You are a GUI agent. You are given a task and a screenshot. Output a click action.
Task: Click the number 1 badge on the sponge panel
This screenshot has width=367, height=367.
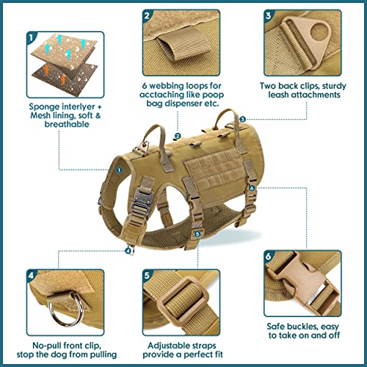pos(31,37)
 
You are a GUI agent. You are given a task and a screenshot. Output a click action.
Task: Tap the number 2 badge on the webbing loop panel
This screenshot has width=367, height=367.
pos(147,15)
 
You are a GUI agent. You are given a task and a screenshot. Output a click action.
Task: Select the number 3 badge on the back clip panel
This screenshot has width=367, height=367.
pos(269,15)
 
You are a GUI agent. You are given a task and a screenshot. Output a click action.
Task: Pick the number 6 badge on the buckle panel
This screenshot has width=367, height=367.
pos(269,256)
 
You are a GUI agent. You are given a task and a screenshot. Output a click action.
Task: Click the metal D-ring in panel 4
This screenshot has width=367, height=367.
pos(65,310)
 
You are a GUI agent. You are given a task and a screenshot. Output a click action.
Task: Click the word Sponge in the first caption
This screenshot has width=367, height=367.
pos(44,107)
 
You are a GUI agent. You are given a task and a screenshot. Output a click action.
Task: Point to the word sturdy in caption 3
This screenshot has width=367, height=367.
pos(334,86)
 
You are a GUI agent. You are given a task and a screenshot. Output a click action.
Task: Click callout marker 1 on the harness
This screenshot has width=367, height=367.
pos(119,170)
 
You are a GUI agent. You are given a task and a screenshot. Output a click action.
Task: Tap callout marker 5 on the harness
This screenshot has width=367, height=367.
pos(197,234)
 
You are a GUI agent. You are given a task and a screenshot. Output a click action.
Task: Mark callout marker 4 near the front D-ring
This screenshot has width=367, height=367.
pos(128,251)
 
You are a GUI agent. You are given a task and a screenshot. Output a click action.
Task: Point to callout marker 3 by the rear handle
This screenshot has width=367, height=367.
pos(242,119)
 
